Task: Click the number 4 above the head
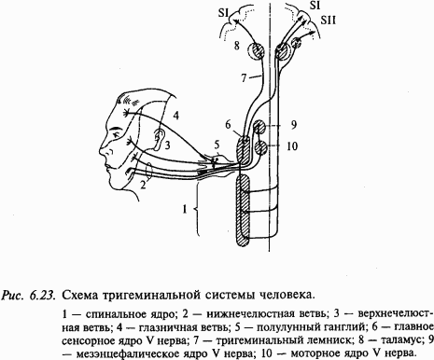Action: coord(175,115)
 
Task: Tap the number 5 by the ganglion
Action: coord(217,144)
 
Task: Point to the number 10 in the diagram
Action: coord(292,145)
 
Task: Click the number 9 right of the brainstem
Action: coord(293,124)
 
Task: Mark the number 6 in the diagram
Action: coord(227,124)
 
